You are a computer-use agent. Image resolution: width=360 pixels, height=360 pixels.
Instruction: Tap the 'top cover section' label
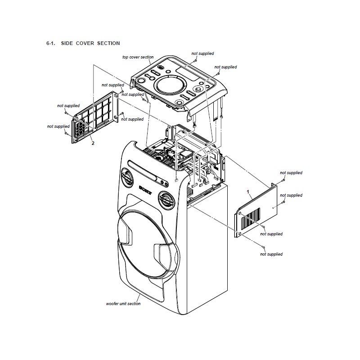(x=138, y=57)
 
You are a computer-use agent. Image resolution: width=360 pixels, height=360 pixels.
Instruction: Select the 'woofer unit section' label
(x=123, y=304)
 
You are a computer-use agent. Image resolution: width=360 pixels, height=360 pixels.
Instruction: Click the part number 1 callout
(x=248, y=191)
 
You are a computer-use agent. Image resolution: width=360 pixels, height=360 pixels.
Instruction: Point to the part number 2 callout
(x=93, y=143)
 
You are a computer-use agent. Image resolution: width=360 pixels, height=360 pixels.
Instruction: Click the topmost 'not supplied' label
(x=202, y=54)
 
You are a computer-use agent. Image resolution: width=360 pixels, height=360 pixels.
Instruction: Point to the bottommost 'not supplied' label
(x=271, y=254)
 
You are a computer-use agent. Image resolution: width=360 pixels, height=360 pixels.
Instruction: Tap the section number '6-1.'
(x=50, y=43)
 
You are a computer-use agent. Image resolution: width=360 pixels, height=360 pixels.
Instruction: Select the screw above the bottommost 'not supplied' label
(x=262, y=247)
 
